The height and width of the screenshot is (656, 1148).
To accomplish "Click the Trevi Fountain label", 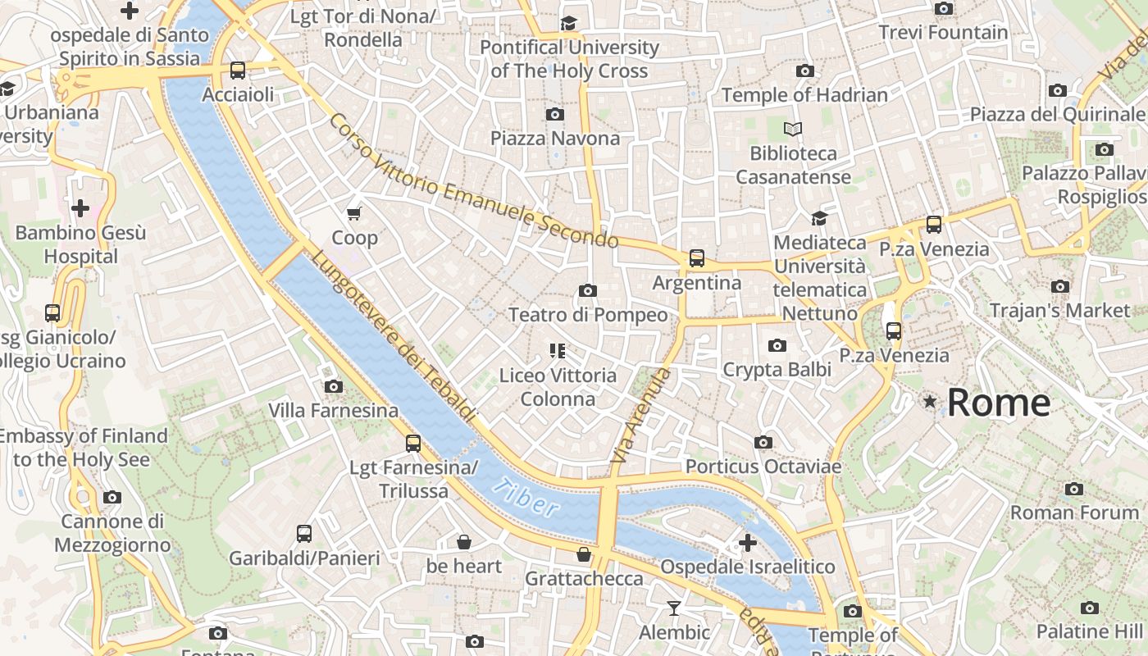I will (x=943, y=33).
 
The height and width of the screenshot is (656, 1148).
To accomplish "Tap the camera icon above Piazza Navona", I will (x=555, y=114).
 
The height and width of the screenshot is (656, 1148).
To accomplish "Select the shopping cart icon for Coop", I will (x=354, y=214).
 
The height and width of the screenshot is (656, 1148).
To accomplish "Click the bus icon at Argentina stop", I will (x=697, y=258).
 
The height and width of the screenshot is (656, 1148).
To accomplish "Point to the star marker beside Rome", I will (x=929, y=402).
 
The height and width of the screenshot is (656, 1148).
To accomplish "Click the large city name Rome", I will (x=998, y=403).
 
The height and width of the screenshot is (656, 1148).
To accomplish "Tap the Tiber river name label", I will (x=526, y=497).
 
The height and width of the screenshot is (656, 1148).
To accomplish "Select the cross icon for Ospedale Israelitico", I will (x=747, y=543).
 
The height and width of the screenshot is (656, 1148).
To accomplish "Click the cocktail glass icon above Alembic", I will (x=674, y=608).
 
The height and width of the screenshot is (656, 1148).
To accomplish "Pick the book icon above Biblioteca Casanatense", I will (x=793, y=129).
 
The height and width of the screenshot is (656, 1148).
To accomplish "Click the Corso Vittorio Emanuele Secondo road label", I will (x=473, y=181).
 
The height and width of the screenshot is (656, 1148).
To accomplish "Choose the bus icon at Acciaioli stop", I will (x=238, y=71).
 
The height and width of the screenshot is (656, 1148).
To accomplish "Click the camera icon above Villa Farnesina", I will (x=334, y=386).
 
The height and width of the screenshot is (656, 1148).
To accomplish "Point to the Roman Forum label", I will (x=1074, y=512).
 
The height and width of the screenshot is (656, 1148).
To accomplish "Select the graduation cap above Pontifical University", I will (x=569, y=23).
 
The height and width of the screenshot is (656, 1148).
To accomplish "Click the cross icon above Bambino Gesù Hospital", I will (x=80, y=208).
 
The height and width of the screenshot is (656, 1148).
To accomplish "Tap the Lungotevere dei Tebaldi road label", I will (x=394, y=337).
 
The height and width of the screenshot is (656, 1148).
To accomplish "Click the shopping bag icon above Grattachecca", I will (x=584, y=555).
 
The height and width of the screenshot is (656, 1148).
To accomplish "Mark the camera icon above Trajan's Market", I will (x=1060, y=287).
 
